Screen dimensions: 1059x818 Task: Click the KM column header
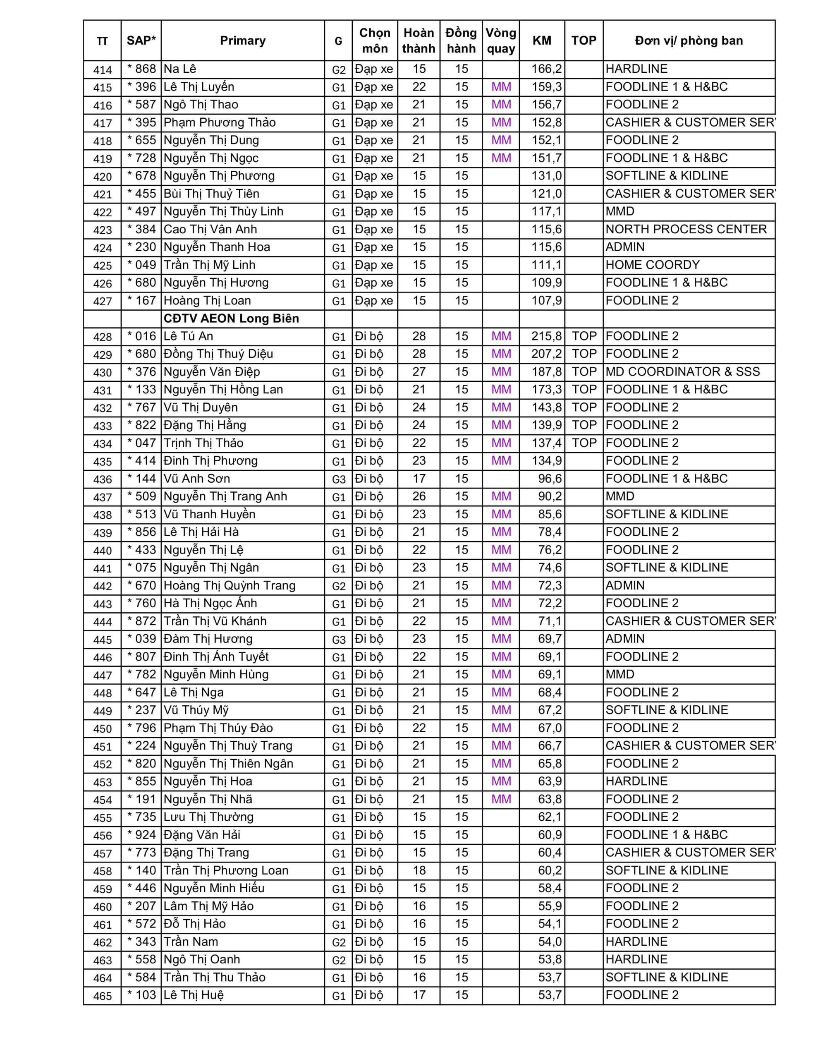tap(541, 41)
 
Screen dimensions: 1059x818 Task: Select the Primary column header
tap(242, 41)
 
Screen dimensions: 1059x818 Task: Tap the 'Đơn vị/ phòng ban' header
tap(689, 41)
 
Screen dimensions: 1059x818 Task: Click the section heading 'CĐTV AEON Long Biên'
tap(231, 319)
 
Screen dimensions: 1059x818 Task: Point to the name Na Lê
tap(180, 69)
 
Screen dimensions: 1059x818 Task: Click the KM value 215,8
tap(546, 336)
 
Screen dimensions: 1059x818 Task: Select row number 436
tap(102, 479)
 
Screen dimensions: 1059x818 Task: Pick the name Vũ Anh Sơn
tap(197, 479)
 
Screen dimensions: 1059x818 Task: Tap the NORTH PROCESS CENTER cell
tap(686, 229)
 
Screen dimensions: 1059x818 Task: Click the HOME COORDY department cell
tap(653, 265)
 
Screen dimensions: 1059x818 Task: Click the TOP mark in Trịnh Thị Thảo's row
tap(584, 443)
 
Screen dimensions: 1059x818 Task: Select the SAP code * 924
tap(141, 835)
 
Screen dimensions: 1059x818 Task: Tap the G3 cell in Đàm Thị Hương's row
tap(338, 640)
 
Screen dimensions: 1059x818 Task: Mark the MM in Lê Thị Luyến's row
tap(501, 87)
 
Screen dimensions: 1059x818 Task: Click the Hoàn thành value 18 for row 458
tap(419, 870)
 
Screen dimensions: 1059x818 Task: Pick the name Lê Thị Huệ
tap(194, 995)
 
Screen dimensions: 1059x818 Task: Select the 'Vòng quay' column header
tap(501, 41)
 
